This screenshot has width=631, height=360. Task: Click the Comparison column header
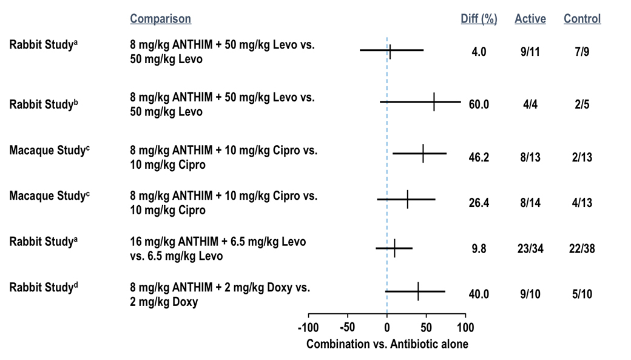pos(160,19)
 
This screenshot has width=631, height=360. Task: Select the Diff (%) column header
pos(479,19)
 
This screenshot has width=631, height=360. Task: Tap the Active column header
pos(530,19)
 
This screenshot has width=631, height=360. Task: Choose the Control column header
pos(582,19)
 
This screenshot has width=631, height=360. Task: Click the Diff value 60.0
pos(479,104)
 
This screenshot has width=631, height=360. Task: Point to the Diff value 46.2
pos(479,157)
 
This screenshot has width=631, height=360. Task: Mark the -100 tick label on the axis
pos(308,328)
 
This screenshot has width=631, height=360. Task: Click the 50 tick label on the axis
pos(426,328)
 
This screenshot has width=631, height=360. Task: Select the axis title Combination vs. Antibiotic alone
pos(387,344)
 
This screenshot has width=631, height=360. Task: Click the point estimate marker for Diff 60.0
pos(434,103)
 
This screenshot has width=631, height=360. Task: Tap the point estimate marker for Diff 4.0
pos(390,51)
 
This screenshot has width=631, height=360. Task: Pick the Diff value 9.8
pos(479,248)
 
